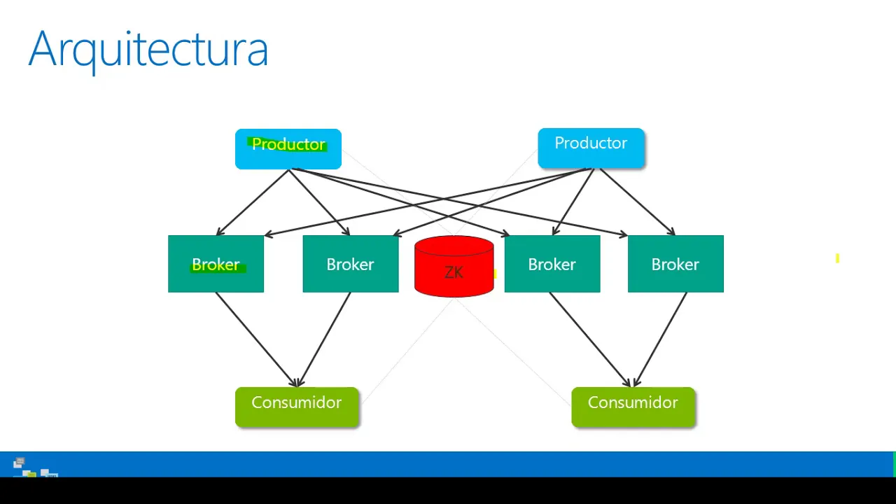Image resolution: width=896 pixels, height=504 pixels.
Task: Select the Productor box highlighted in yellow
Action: point(288,149)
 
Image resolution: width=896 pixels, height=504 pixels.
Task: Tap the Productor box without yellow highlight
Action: point(591,148)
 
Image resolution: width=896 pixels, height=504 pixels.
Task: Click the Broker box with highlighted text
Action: point(216,264)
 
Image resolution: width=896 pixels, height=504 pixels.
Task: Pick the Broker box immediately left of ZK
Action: point(351,264)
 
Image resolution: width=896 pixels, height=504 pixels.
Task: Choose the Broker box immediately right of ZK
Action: point(552,264)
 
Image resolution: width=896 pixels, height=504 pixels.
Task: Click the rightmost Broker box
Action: point(675,264)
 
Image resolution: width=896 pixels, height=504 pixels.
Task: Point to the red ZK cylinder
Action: point(454,267)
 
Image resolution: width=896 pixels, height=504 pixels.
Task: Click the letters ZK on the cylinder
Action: point(454,272)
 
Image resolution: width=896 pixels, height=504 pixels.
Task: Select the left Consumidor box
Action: point(297,407)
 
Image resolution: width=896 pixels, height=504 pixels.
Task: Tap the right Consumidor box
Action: point(633,407)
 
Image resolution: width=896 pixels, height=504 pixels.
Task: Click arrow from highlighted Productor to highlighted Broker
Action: point(253,202)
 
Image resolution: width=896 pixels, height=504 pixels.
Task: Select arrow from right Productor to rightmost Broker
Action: point(638,202)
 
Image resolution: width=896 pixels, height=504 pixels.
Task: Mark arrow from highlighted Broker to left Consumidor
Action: point(256,339)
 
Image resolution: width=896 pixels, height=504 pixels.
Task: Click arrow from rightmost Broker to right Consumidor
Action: point(660,339)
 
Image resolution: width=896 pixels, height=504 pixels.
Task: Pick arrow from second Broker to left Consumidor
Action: point(324,339)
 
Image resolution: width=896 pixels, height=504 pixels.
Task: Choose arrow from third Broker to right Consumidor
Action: point(590,339)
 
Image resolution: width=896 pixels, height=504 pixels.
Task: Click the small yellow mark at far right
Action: point(837,258)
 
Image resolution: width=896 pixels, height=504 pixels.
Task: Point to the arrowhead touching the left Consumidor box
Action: point(297,383)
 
